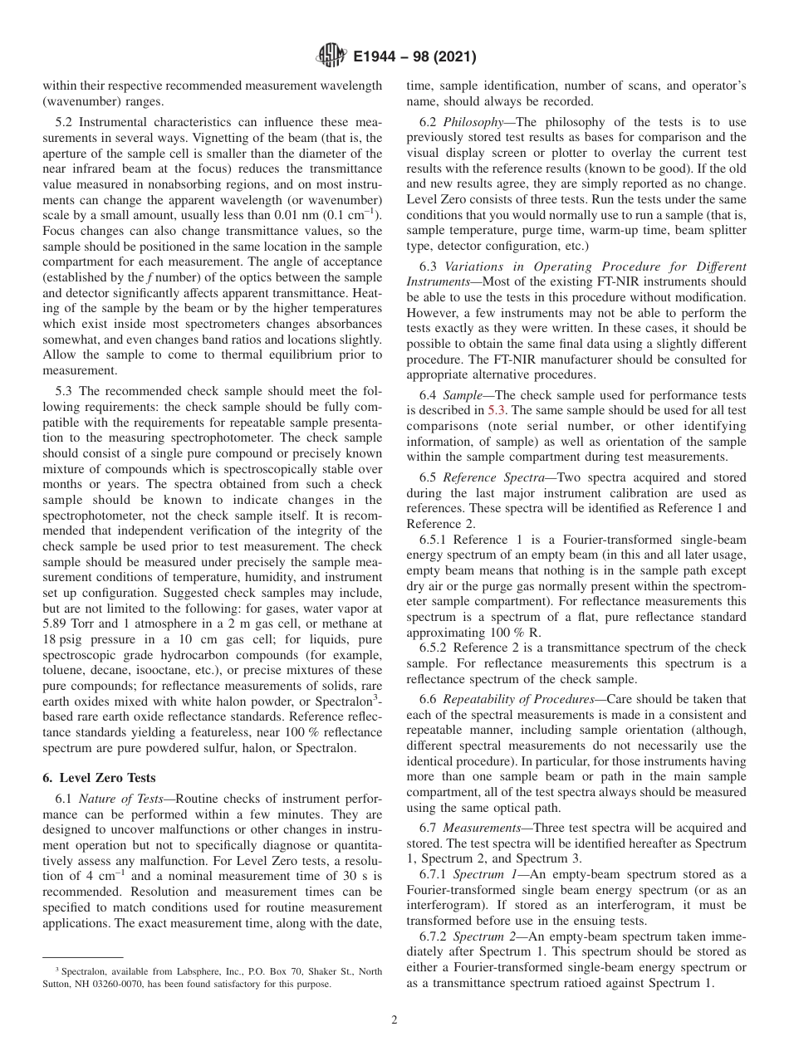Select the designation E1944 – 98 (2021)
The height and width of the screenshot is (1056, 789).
click(414, 57)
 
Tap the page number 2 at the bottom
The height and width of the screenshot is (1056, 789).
click(394, 1020)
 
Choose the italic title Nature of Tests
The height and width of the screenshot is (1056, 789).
click(125, 798)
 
